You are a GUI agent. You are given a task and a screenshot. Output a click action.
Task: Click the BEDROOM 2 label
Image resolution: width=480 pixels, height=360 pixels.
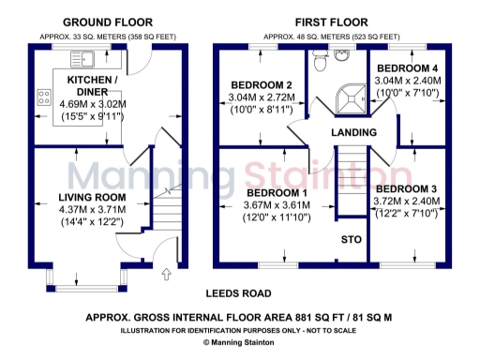(x=262, y=85)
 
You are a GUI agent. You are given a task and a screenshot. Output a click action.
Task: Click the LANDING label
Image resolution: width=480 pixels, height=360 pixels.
(x=353, y=133)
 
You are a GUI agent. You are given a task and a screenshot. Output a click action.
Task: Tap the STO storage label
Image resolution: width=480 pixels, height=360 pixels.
(x=351, y=240)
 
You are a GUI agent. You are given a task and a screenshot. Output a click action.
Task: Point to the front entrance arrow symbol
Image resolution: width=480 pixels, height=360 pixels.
(x=167, y=275)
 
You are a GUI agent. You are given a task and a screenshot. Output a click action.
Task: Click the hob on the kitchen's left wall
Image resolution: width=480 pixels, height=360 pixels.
(x=42, y=95)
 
